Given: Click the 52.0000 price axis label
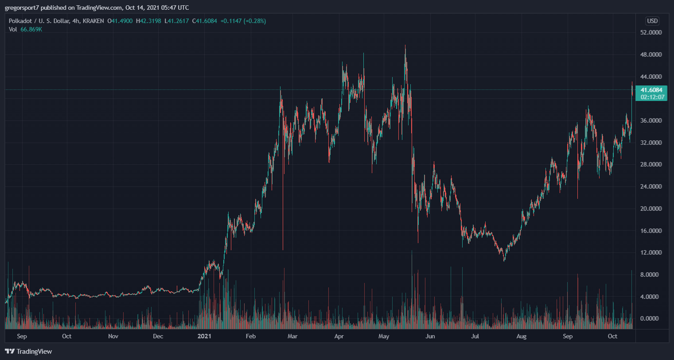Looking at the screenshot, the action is tap(651, 32).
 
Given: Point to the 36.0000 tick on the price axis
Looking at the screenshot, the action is tap(651, 120).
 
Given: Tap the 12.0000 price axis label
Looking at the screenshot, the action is tap(651, 253).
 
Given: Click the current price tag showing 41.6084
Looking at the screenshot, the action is tap(651, 90).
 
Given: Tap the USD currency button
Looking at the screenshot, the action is tap(652, 21).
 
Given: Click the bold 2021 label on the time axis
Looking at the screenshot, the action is tap(204, 336).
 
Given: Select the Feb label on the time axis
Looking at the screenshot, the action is tap(251, 336).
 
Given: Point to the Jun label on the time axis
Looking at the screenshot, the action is tap(430, 336).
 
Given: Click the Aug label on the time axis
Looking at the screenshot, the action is tap(522, 336).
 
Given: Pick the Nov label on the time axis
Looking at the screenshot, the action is tap(113, 336).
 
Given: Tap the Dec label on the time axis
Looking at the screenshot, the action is tap(158, 336).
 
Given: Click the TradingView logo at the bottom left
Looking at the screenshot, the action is tap(28, 351).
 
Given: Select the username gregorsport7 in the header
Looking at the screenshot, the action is tap(22, 8).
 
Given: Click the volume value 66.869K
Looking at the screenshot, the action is tap(31, 30).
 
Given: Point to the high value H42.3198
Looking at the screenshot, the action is tap(148, 21).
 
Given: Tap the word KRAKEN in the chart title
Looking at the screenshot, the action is tap(93, 21).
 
